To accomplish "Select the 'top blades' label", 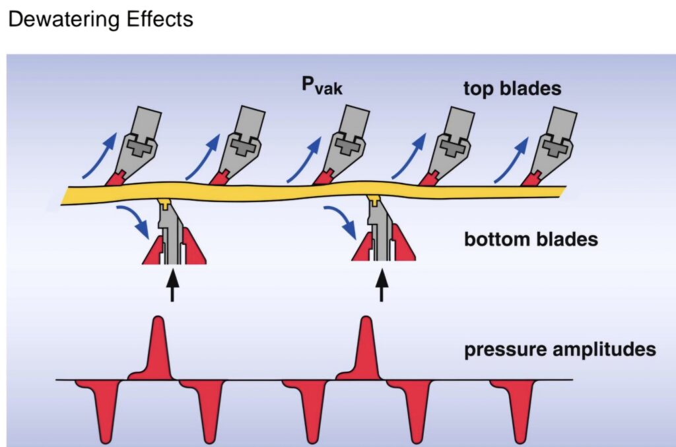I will pyautogui.click(x=512, y=88).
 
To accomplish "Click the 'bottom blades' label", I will pyautogui.click(x=531, y=238).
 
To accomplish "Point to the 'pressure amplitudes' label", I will pyautogui.click(x=560, y=348).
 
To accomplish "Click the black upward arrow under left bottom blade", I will pyautogui.click(x=172, y=285).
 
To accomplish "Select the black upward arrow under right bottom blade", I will pyautogui.click(x=381, y=285).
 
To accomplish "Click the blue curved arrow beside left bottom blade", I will pyautogui.click(x=136, y=221).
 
